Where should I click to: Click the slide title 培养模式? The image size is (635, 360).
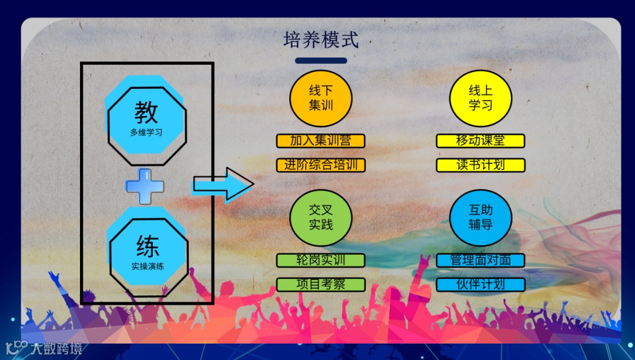point(320,41)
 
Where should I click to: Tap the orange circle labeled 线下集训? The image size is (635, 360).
point(321,98)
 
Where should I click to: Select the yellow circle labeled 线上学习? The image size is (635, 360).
point(480,98)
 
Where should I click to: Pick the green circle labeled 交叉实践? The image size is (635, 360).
point(321,218)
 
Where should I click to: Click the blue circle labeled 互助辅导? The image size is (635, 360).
point(480,218)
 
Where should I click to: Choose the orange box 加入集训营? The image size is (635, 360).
point(321,141)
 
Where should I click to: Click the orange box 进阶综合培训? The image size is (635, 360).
point(321,165)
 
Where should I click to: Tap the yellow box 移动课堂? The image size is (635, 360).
point(480,141)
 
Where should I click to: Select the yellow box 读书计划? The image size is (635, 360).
point(480,165)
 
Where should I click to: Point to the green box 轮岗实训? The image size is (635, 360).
point(321,261)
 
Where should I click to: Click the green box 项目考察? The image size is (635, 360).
point(321,285)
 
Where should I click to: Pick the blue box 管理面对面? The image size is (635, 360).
point(480,261)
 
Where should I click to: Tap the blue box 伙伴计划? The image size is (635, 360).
point(480,285)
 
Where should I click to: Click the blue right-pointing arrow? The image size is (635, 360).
point(223,185)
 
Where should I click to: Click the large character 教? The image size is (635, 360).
point(146,111)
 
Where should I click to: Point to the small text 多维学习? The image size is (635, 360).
point(146,133)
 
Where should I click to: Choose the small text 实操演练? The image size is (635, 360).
point(148,266)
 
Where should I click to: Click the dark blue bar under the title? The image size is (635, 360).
point(321,61)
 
